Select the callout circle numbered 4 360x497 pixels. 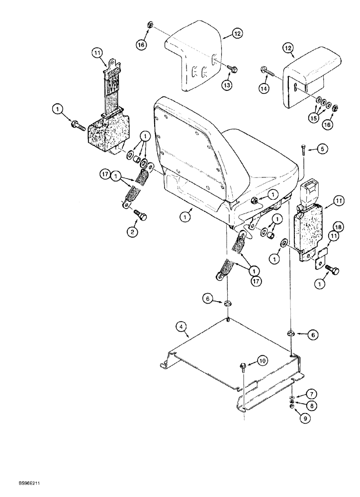pyautogui.click(x=181, y=327)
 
